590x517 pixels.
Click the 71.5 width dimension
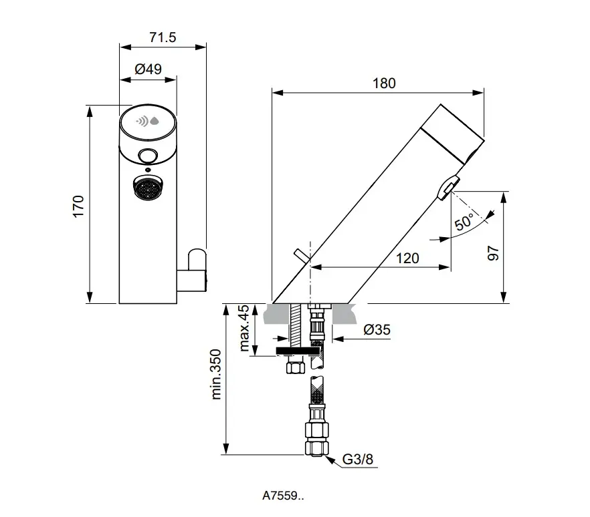point(163,38)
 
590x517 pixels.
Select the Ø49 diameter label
point(148,68)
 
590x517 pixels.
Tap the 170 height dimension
point(78,206)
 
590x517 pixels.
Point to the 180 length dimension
point(383,83)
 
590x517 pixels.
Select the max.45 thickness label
point(244,328)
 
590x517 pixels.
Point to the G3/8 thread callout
point(358,460)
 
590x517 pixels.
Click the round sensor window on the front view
point(148,156)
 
